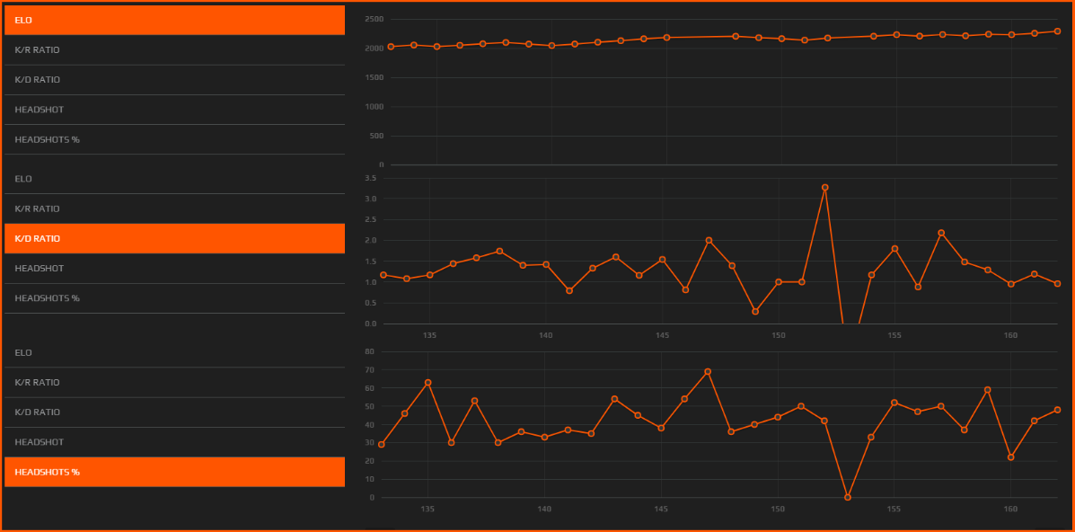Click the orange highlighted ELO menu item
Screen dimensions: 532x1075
pos(174,20)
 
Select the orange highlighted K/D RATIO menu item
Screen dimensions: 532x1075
pos(174,238)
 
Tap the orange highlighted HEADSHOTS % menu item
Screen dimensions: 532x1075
pos(174,472)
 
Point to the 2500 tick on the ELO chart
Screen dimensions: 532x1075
pos(374,19)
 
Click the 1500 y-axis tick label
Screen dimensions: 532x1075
pos(374,77)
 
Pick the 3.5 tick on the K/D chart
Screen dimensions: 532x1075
pos(370,178)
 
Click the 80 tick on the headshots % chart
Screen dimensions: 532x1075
pos(368,351)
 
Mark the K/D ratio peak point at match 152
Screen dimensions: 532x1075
pos(824,188)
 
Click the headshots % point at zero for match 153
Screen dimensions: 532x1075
pos(848,497)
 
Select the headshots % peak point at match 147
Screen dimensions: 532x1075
pos(708,371)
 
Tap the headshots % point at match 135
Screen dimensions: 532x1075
pos(427,383)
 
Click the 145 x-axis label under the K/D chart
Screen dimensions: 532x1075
pos(662,335)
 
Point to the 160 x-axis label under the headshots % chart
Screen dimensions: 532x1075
pos(1010,509)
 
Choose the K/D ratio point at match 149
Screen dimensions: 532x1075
pos(755,312)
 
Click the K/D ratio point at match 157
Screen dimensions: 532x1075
pos(941,233)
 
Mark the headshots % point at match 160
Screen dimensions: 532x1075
pos(1011,457)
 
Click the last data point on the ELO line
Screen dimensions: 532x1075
pos(1057,31)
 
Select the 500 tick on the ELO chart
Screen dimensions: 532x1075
pos(376,136)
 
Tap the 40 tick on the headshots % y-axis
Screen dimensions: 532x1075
pos(368,424)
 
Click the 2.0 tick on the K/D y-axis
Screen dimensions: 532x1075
pos(370,240)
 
